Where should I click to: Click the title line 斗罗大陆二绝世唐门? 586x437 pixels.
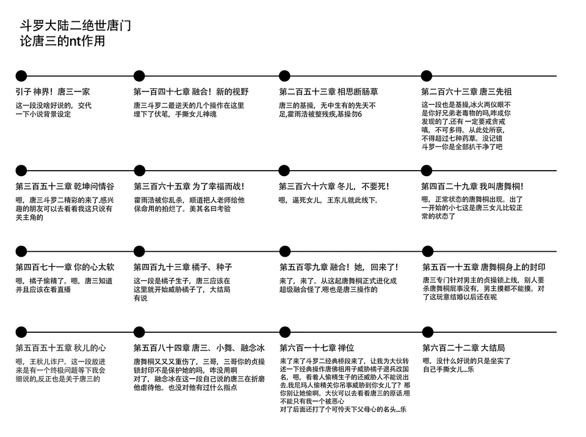click(x=76, y=26)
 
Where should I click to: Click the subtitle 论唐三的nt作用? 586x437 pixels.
click(x=62, y=41)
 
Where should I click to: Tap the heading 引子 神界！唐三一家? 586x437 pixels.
click(x=52, y=92)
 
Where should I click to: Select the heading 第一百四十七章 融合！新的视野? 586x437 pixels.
click(x=191, y=92)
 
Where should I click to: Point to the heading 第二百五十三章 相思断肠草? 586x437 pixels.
click(x=328, y=92)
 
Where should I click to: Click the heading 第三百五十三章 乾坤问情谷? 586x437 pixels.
click(x=65, y=187)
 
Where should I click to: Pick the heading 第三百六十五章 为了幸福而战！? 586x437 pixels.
click(x=189, y=187)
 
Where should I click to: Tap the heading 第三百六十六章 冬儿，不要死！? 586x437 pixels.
click(x=334, y=187)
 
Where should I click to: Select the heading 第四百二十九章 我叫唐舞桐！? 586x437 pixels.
click(x=472, y=187)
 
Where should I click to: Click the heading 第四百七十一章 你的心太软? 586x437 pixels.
click(x=65, y=267)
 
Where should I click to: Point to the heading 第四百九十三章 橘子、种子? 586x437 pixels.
click(x=183, y=267)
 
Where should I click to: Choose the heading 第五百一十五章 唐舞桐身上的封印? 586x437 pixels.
click(x=483, y=267)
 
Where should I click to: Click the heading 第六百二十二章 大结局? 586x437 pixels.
click(x=463, y=348)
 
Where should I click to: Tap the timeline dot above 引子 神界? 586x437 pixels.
click(x=21, y=76)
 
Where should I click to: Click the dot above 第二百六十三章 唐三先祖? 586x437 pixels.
click(x=427, y=76)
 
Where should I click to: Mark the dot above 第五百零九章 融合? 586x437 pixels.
click(x=285, y=251)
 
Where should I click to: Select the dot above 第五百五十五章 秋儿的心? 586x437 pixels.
click(x=21, y=332)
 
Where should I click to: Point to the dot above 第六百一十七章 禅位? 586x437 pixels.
click(x=285, y=332)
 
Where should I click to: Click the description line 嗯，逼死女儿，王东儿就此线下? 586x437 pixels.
click(x=328, y=201)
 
